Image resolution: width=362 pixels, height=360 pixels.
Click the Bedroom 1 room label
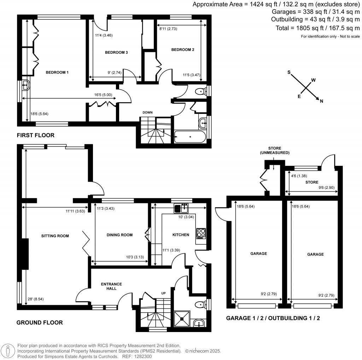[x=57, y=72]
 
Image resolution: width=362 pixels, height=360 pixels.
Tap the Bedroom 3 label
[x=116, y=52]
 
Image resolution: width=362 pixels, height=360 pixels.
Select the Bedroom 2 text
[x=183, y=50]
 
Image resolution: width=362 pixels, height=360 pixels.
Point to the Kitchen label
[x=180, y=235]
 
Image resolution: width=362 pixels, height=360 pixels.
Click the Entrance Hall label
[x=111, y=286]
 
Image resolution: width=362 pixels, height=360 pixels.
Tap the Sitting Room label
[x=55, y=236]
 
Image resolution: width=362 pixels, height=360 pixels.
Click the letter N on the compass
[x=321, y=101]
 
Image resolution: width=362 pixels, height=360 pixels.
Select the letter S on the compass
[x=289, y=72]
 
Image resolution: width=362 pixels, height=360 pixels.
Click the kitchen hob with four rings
[x=201, y=233]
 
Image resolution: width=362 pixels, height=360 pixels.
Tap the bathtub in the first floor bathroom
[x=190, y=137]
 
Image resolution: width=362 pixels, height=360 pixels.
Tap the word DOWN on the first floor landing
[x=147, y=112]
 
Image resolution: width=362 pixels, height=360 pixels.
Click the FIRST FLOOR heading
[x=35, y=135]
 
